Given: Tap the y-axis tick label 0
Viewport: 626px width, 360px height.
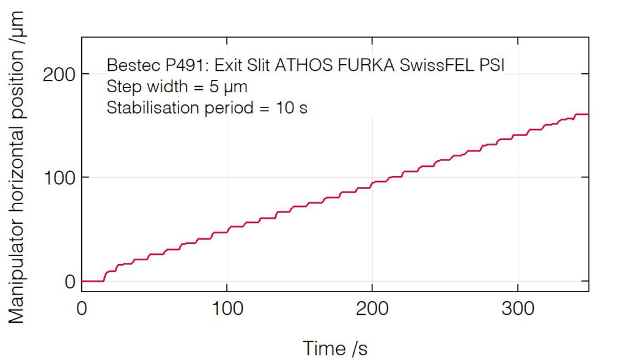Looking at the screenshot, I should (x=69, y=282).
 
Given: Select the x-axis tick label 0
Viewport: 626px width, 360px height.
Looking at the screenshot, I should (x=82, y=309).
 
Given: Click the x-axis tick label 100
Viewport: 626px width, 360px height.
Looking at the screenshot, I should (x=227, y=309).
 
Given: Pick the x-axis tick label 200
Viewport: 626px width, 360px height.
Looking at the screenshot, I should (x=372, y=309).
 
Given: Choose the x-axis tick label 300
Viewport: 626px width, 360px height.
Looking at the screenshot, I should (x=518, y=309).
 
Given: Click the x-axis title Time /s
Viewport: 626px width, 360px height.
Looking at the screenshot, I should (x=335, y=348).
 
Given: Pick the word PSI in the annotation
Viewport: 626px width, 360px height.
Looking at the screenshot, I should (x=493, y=65).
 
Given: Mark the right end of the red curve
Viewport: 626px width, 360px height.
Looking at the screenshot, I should (x=588, y=114).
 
